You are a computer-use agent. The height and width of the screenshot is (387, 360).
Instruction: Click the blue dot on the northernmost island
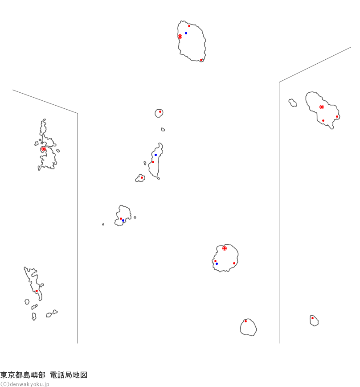tap(186, 33)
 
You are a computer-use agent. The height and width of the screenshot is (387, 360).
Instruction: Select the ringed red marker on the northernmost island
tap(180, 37)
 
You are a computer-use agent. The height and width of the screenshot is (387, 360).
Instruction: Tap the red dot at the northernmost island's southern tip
tap(201, 60)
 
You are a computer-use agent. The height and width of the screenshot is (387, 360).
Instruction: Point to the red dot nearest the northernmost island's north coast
tap(189, 26)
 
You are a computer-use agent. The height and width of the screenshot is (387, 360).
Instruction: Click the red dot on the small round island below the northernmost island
tap(160, 112)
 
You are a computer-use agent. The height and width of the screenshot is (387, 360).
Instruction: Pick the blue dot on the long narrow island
tap(155, 155)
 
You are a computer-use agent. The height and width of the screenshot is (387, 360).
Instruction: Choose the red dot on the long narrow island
tap(153, 162)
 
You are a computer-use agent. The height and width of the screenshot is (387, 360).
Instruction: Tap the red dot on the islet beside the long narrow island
tap(142, 178)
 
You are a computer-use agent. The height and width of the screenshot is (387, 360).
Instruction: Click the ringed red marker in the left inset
tap(44, 149)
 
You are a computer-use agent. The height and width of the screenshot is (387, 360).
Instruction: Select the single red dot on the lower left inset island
tap(37, 291)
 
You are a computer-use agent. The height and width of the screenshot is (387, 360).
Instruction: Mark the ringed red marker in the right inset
tap(322, 107)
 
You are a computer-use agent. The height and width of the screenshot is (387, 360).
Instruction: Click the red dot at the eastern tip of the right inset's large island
tap(337, 116)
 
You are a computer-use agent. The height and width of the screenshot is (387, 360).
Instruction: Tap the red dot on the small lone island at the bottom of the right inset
tap(312, 318)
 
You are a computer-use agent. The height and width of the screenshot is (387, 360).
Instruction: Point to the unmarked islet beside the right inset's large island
tap(293, 103)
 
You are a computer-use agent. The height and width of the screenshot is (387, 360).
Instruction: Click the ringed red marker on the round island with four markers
tap(225, 248)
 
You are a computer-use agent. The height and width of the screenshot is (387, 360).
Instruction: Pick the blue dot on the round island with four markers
tap(217, 264)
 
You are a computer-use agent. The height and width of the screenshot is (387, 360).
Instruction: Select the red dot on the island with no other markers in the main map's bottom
tap(245, 321)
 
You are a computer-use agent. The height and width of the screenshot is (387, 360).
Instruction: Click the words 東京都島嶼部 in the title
tap(23, 375)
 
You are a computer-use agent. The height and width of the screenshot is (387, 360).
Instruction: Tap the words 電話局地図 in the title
tap(69, 375)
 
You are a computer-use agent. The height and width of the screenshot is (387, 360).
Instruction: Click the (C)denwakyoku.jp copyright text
tap(25, 384)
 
